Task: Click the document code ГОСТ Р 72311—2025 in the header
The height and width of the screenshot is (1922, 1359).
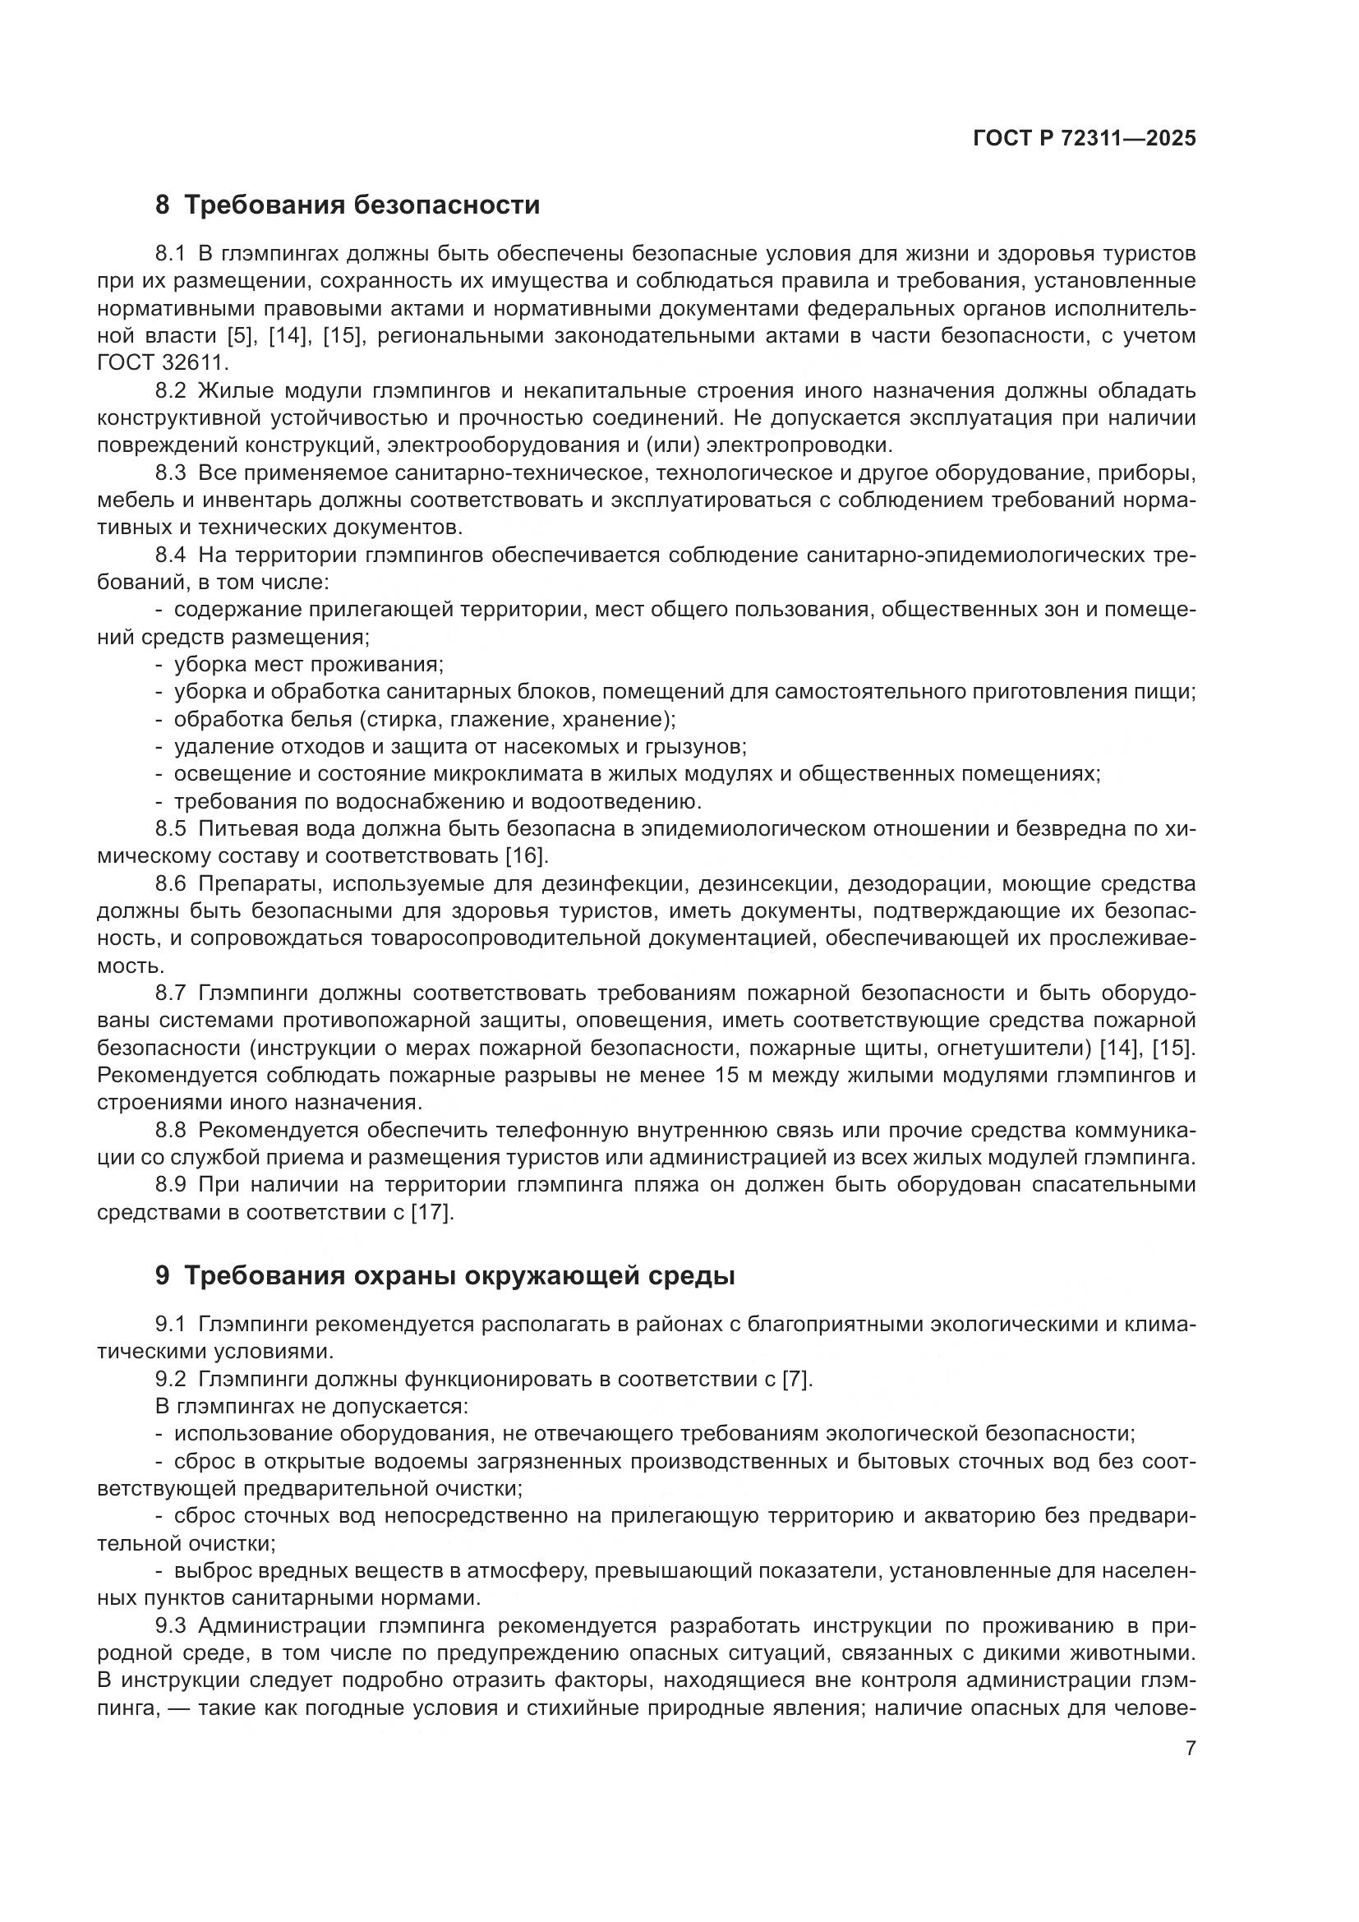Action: [x=1085, y=139]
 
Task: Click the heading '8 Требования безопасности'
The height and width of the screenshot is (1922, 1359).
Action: [x=348, y=205]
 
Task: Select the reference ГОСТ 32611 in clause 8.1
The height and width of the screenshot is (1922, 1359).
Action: [x=161, y=363]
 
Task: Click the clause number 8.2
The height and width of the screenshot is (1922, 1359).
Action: [x=171, y=391]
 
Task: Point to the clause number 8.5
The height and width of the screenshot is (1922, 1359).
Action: [x=171, y=829]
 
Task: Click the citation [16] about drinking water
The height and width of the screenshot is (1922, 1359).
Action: [x=527, y=856]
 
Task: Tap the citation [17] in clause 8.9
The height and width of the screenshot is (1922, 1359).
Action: [x=432, y=1212]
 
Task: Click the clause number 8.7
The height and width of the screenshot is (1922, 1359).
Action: [x=171, y=993]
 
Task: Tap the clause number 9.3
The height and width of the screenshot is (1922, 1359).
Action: [x=171, y=1625]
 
